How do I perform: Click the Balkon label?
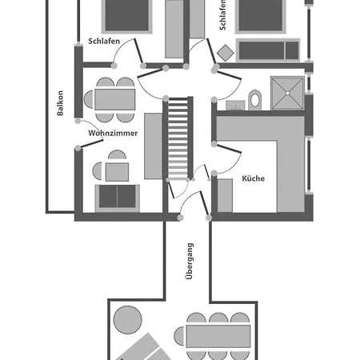coord(60,103)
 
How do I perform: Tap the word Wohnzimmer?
coord(113,133)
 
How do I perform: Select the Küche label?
coord(253,178)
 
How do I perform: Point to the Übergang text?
coord(189,261)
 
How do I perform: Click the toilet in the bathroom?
coord(255,100)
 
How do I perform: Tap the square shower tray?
coord(287,93)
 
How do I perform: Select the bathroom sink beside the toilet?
coord(235,106)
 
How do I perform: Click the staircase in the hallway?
coord(178,138)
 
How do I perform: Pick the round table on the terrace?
coord(128,320)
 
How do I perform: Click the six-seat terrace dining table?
coord(218,336)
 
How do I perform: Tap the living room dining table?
coord(115,99)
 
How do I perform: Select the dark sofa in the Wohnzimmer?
coord(118,198)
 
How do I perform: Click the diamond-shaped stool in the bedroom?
coord(226,53)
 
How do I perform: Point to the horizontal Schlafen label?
coord(104,42)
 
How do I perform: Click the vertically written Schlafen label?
coord(222,15)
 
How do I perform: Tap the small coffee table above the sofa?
coord(117,172)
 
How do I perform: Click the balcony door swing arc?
coord(94,128)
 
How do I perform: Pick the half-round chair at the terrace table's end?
coord(179,336)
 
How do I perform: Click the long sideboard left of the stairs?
coord(154,146)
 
